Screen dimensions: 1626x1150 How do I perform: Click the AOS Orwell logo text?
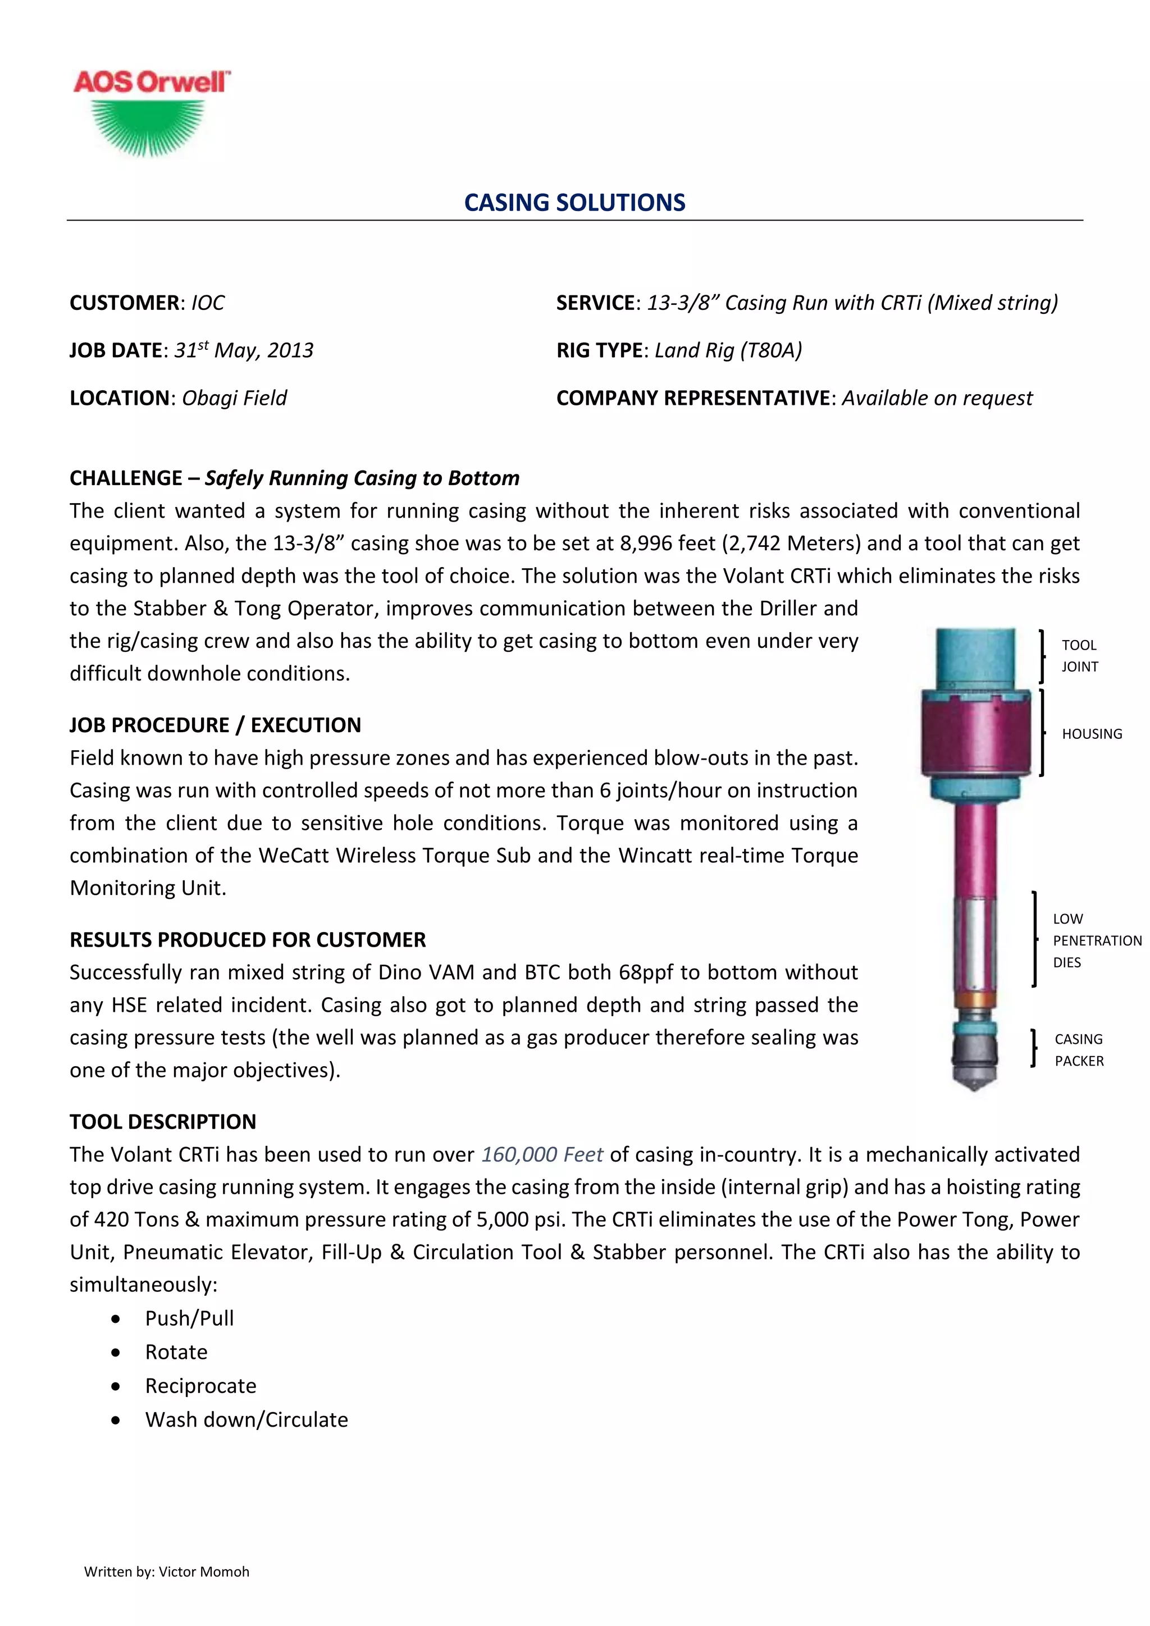pos(151,82)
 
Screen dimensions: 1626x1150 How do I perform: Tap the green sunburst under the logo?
pos(149,126)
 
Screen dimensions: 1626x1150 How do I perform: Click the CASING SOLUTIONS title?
pos(574,203)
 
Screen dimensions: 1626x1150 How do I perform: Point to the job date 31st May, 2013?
pos(244,350)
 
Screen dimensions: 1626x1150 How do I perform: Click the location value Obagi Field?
pos(234,398)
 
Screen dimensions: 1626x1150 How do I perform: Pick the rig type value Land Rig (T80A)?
pos(728,350)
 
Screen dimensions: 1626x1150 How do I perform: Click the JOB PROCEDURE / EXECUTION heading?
pos(215,725)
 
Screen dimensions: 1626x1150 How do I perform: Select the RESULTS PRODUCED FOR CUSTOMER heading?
pos(248,940)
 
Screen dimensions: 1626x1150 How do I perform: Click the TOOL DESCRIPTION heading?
pos(163,1122)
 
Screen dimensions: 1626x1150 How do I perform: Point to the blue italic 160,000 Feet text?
pos(542,1154)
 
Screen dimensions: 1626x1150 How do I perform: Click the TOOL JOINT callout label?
pos(1079,656)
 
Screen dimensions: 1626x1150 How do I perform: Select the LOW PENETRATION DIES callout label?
pos(1096,940)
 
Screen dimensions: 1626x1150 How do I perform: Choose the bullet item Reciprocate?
pos(200,1386)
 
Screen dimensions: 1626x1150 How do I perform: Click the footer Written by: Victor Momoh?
pos(166,1572)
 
